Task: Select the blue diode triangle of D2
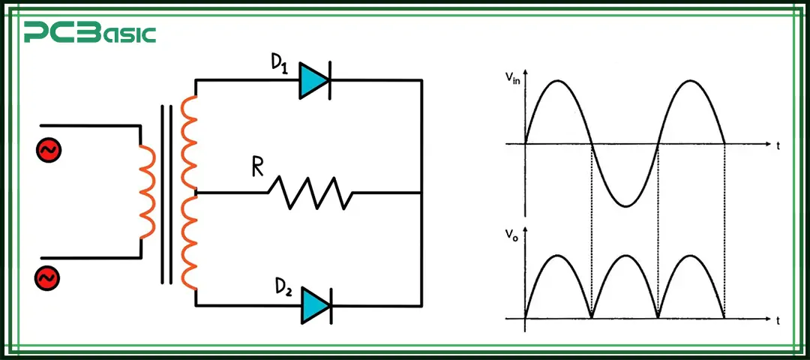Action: [x=313, y=306]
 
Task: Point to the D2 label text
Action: [x=283, y=288]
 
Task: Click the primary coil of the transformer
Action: [x=148, y=192]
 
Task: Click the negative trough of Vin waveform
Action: [x=625, y=205]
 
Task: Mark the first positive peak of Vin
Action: [x=558, y=79]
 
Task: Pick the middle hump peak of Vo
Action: [x=625, y=256]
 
